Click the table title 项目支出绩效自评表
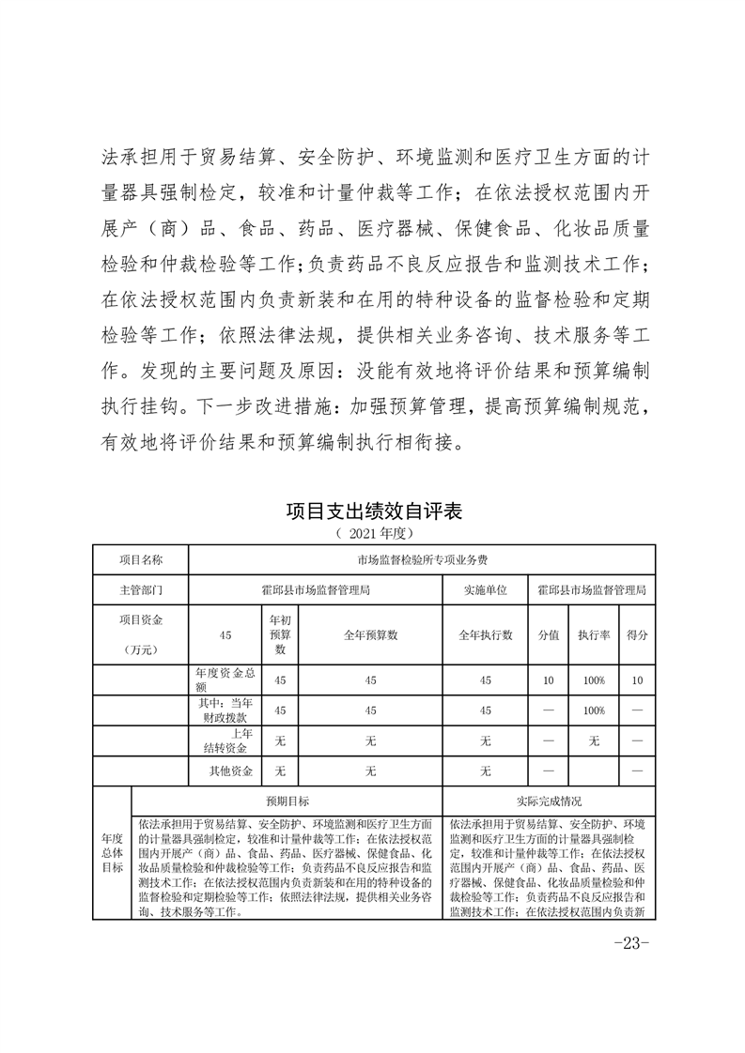pos(373,512)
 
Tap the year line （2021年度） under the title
pos(373,534)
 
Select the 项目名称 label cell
pos(141,559)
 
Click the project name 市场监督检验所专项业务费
pos(422,559)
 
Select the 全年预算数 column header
pos(370,635)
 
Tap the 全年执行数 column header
pos(485,635)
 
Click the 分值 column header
pos(548,635)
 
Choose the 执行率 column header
pos(593,635)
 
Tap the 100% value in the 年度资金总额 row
pos(593,680)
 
